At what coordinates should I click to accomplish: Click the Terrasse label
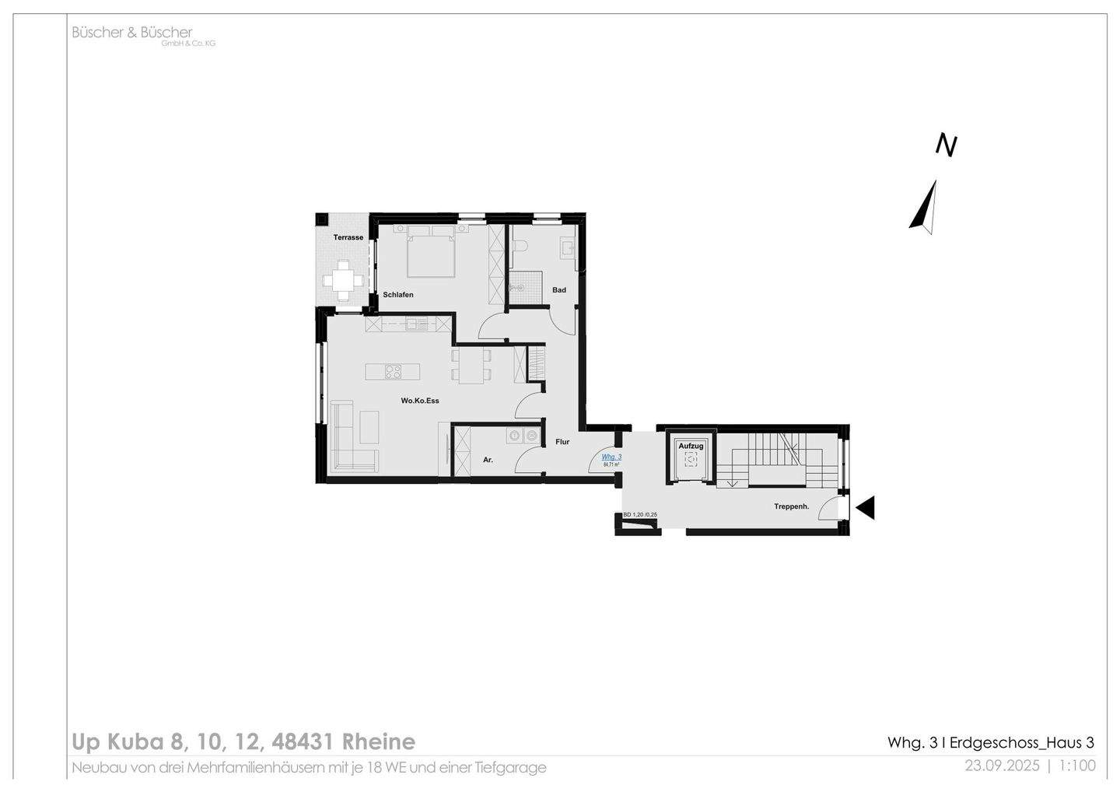click(348, 237)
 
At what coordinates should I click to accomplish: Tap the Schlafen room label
click(398, 295)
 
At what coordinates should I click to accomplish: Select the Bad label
click(559, 290)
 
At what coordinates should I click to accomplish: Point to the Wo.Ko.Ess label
click(420, 401)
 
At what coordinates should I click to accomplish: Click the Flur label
click(562, 442)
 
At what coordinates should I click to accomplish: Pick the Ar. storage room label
click(488, 460)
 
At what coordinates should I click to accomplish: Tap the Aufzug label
click(691, 446)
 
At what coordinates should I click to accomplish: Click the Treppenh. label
click(791, 506)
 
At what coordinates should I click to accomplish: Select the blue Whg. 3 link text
click(611, 457)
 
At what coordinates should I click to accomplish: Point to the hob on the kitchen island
click(393, 372)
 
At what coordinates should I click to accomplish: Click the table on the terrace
click(343, 279)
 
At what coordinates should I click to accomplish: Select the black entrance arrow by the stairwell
click(865, 508)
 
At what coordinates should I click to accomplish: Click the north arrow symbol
click(924, 207)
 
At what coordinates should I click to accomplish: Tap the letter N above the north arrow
click(946, 145)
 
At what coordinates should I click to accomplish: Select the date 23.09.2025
click(1002, 766)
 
